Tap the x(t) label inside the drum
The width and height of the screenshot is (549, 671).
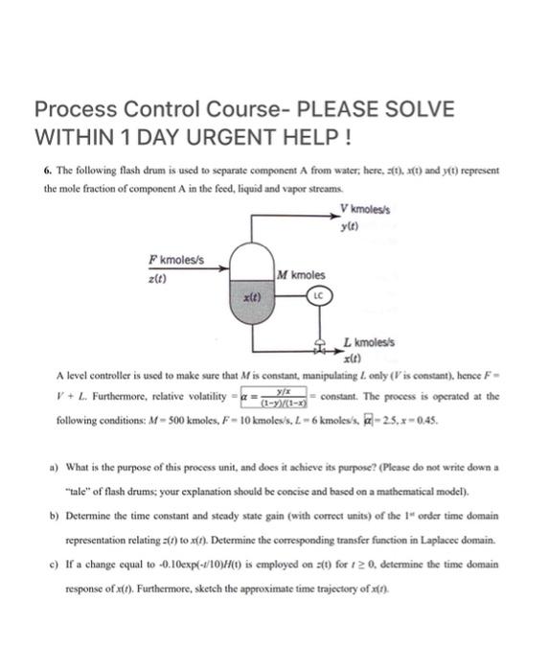[252, 298]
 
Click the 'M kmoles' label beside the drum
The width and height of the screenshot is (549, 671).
[298, 276]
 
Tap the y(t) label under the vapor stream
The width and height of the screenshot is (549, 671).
[350, 225]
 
